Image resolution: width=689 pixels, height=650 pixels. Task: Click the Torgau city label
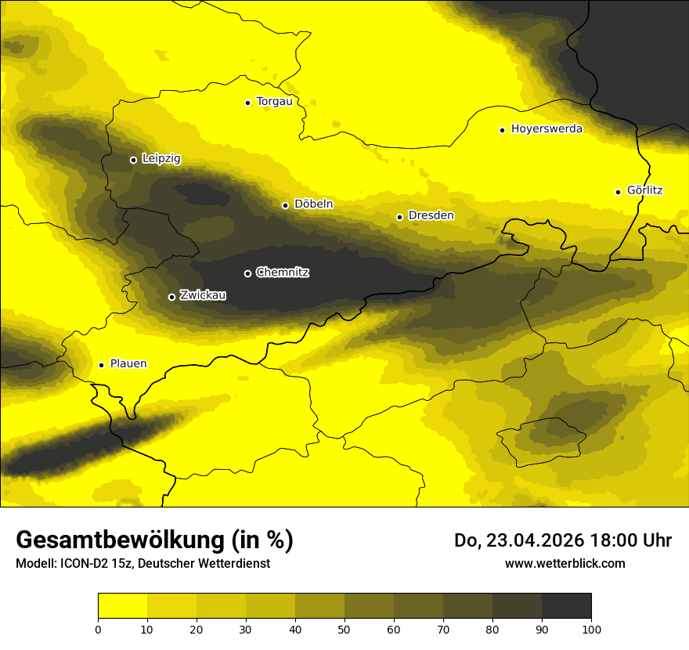coord(274,102)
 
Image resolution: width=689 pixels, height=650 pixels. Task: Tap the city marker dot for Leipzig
coord(133,160)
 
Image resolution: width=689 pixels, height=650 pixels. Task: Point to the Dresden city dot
coord(399,217)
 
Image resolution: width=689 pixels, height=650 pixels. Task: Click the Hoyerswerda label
coord(547,129)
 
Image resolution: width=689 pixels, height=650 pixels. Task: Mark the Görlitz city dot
coord(618,192)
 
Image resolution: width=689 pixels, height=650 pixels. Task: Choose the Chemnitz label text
coord(283,273)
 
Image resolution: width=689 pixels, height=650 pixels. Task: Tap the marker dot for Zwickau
coord(171,297)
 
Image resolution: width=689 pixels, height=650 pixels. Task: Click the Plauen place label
coord(128,364)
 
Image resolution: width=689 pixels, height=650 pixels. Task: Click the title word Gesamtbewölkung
coord(116,540)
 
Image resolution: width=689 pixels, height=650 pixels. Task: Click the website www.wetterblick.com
coord(565,564)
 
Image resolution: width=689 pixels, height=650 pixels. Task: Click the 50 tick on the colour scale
coord(344,628)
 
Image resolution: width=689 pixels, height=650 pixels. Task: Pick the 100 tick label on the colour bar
coord(591,628)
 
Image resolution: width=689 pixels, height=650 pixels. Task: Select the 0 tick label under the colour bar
coord(98,628)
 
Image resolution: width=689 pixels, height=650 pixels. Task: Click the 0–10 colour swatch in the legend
coord(122,606)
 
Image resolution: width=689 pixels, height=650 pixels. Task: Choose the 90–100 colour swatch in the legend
coord(566,606)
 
